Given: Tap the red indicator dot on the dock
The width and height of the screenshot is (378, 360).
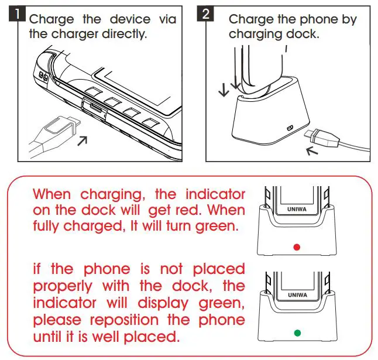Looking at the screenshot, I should [x=297, y=247].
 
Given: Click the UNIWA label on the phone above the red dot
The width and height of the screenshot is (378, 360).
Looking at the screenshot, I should [x=297, y=207].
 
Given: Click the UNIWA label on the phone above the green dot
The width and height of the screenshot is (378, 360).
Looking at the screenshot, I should [x=297, y=295].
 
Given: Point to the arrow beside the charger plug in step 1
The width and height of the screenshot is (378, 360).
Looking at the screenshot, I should [x=83, y=139].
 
